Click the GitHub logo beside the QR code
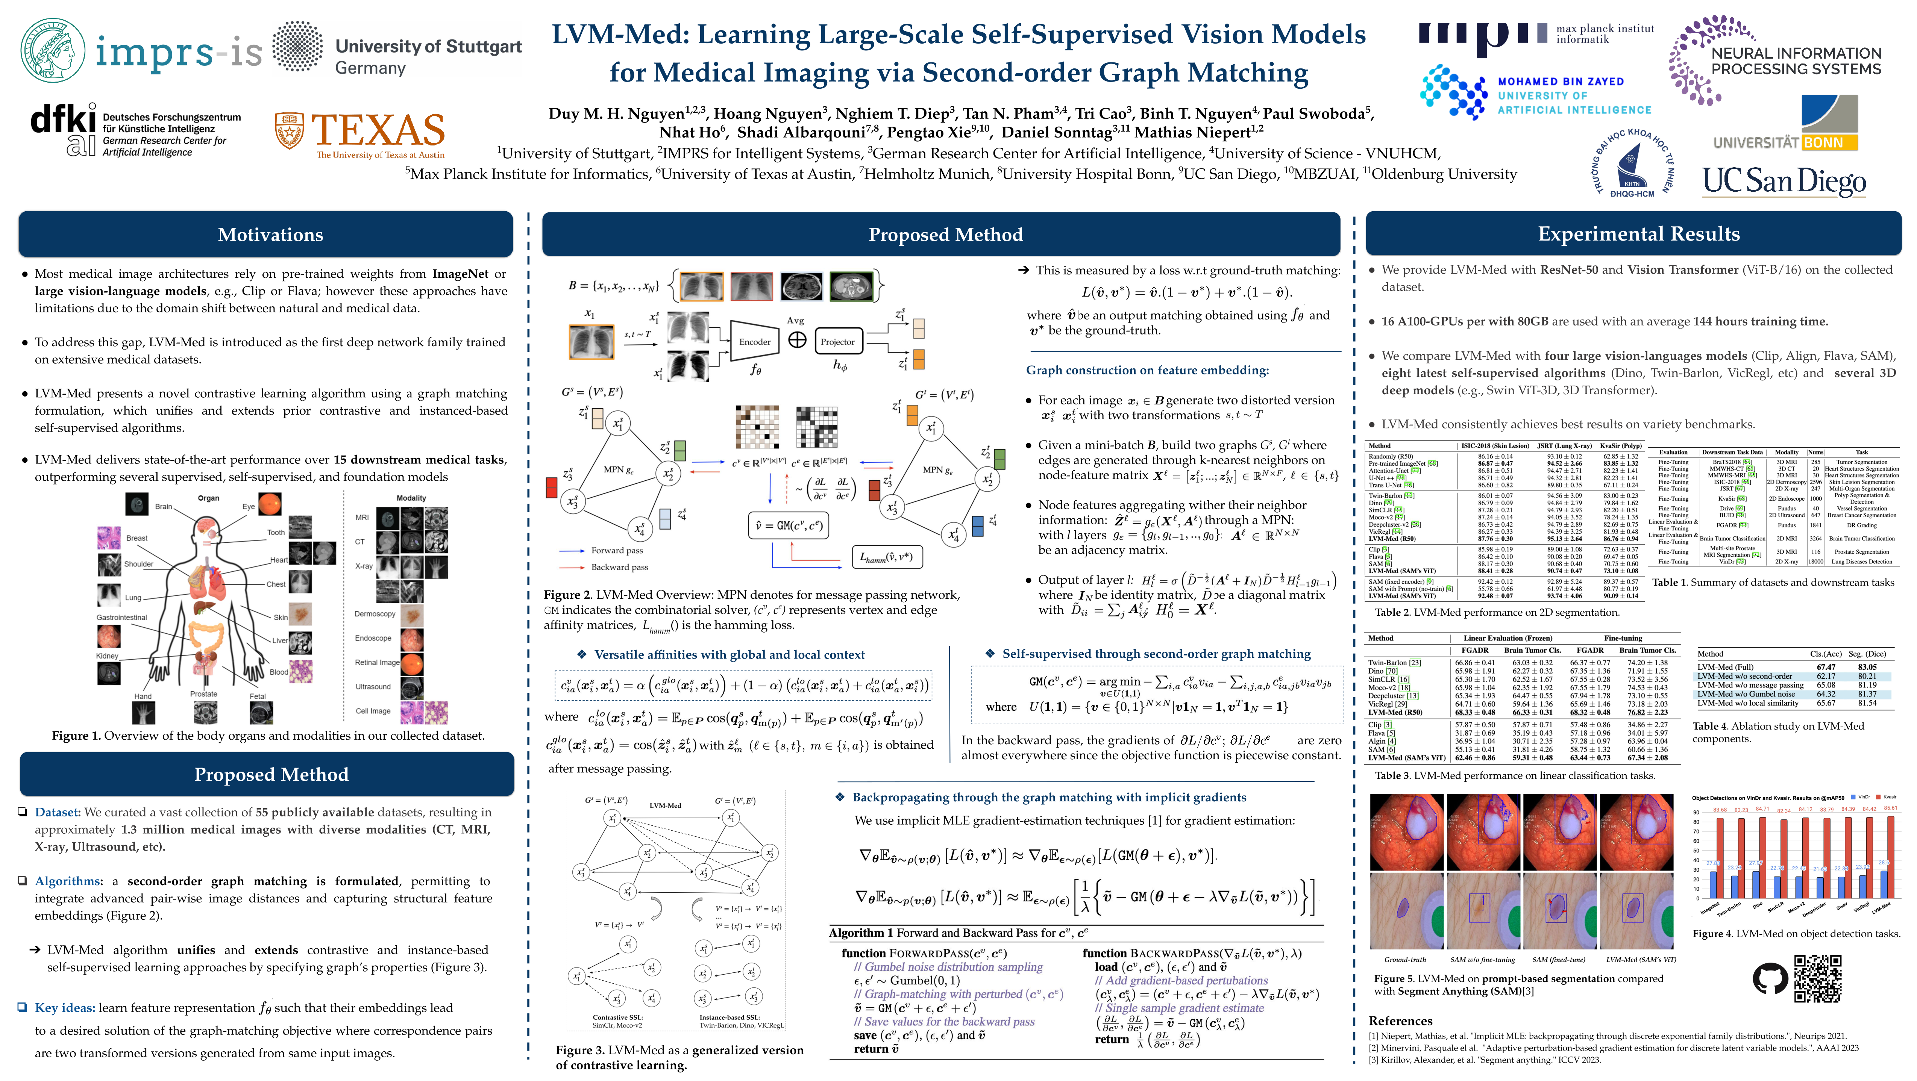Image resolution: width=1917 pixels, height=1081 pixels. tap(1769, 979)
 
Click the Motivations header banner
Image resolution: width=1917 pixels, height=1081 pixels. tap(270, 234)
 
